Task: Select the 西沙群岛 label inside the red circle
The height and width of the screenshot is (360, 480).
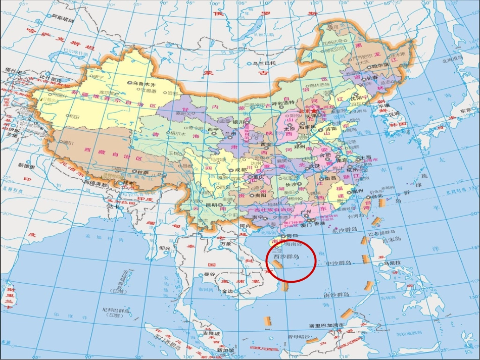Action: [x=285, y=256]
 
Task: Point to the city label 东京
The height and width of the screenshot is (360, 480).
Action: [x=465, y=111]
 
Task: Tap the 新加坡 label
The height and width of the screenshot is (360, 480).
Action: [x=225, y=350]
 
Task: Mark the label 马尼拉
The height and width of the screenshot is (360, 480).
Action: [x=392, y=263]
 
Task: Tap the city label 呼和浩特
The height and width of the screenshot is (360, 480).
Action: [x=284, y=103]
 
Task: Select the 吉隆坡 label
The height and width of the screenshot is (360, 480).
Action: [x=212, y=334]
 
